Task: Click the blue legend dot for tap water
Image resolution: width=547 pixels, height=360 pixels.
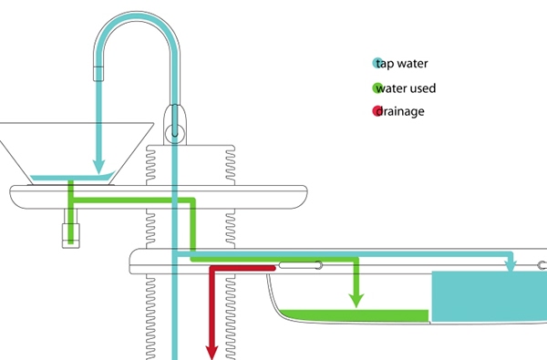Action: click(377, 64)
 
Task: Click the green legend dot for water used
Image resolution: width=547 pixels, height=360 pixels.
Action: click(377, 88)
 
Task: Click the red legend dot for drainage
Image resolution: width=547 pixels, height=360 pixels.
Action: click(377, 112)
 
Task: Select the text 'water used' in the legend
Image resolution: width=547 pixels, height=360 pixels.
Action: click(410, 88)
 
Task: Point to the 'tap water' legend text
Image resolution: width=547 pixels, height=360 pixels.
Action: click(407, 64)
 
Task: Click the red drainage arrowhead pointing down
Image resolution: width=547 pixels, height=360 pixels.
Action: click(211, 351)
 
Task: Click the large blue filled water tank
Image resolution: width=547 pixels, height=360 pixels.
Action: click(488, 296)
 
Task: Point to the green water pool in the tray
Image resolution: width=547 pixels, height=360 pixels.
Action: click(356, 316)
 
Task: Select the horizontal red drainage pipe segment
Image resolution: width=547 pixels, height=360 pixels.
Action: click(243, 268)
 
